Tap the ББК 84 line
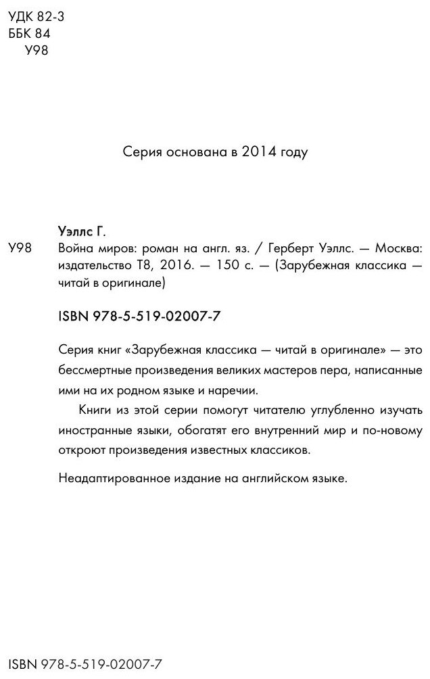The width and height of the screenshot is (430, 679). [x=28, y=34]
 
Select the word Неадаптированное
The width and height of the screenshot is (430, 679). [x=113, y=478]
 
